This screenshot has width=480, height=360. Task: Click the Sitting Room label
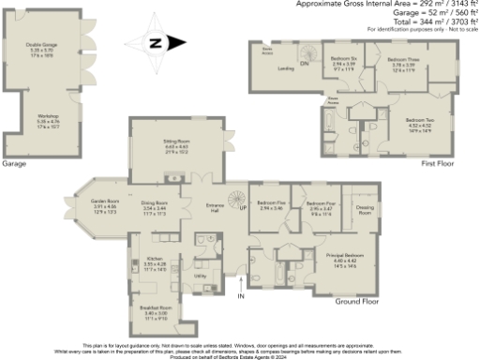click(178, 142)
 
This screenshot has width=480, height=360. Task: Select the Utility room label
click(200, 277)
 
